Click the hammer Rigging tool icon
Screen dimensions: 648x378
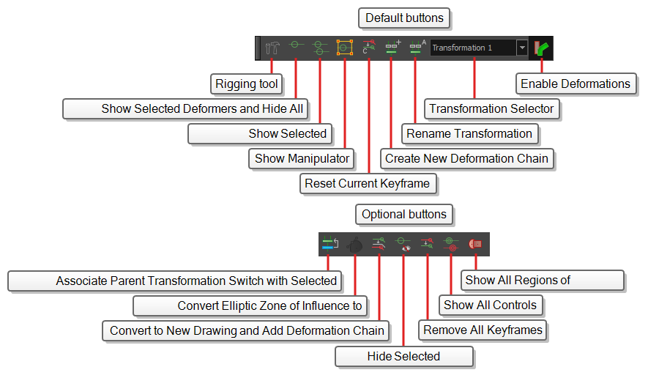pyautogui.click(x=272, y=48)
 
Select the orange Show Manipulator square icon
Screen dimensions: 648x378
pyautogui.click(x=345, y=48)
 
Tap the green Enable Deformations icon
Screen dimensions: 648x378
pyautogui.click(x=541, y=48)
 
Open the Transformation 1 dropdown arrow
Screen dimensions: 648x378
pyautogui.click(x=522, y=48)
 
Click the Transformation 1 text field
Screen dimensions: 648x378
pyautogui.click(x=473, y=48)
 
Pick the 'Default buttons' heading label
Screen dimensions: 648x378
pyautogui.click(x=404, y=18)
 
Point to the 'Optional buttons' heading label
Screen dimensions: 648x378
pyautogui.click(x=404, y=215)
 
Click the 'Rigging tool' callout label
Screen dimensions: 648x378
pyautogui.click(x=247, y=84)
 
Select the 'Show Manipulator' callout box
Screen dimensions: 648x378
pyautogui.click(x=302, y=159)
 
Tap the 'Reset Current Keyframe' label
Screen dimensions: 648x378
pyautogui.click(x=368, y=184)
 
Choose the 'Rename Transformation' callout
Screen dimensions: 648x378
pyautogui.click(x=470, y=134)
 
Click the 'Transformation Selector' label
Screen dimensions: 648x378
pyautogui.click(x=492, y=108)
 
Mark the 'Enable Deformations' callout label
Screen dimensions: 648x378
pyautogui.click(x=576, y=84)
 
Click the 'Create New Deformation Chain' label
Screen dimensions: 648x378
pyautogui.click(x=466, y=159)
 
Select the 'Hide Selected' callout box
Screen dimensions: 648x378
pyautogui.click(x=403, y=357)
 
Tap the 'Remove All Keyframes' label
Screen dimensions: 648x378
pyautogui.click(x=483, y=330)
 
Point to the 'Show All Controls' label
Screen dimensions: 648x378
pyautogui.click(x=491, y=305)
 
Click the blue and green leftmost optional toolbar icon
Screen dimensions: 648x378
pyautogui.click(x=329, y=244)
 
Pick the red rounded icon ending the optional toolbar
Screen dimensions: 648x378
pyautogui.click(x=475, y=244)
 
